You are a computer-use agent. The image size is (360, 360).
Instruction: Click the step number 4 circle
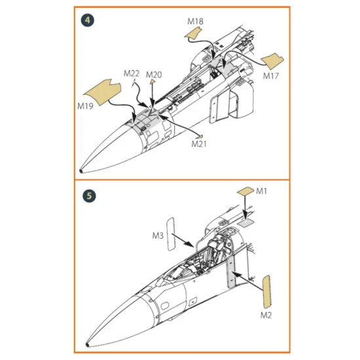tap(88, 20)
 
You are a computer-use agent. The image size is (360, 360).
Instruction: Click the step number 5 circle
tap(89, 196)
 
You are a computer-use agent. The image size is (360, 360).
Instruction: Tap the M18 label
tap(196, 22)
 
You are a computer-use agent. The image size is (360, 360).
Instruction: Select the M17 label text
tap(271, 76)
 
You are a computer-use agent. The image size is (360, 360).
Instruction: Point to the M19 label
tap(85, 106)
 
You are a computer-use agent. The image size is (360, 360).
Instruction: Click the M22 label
tap(132, 73)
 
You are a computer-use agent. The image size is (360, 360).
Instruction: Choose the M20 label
tap(154, 75)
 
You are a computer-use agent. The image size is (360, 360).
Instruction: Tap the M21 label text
tap(199, 144)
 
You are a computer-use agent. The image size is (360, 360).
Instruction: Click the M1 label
tap(261, 191)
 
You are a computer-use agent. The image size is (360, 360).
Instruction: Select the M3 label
tap(158, 236)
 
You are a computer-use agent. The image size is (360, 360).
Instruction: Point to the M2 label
tap(266, 315)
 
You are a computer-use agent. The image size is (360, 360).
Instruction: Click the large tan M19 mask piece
tap(103, 92)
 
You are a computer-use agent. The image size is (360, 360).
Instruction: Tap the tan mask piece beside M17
tap(273, 61)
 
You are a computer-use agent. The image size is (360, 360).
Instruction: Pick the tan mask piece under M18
tap(193, 33)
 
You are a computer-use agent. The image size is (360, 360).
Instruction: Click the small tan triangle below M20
tap(153, 82)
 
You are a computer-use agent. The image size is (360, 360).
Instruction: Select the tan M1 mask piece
tap(245, 191)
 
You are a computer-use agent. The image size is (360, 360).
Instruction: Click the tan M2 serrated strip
tap(266, 292)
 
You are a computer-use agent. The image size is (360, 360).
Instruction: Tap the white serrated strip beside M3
tap(171, 234)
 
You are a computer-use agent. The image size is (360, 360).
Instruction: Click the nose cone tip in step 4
tap(81, 171)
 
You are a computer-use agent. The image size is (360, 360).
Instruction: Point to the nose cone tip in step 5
tap(87, 344)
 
